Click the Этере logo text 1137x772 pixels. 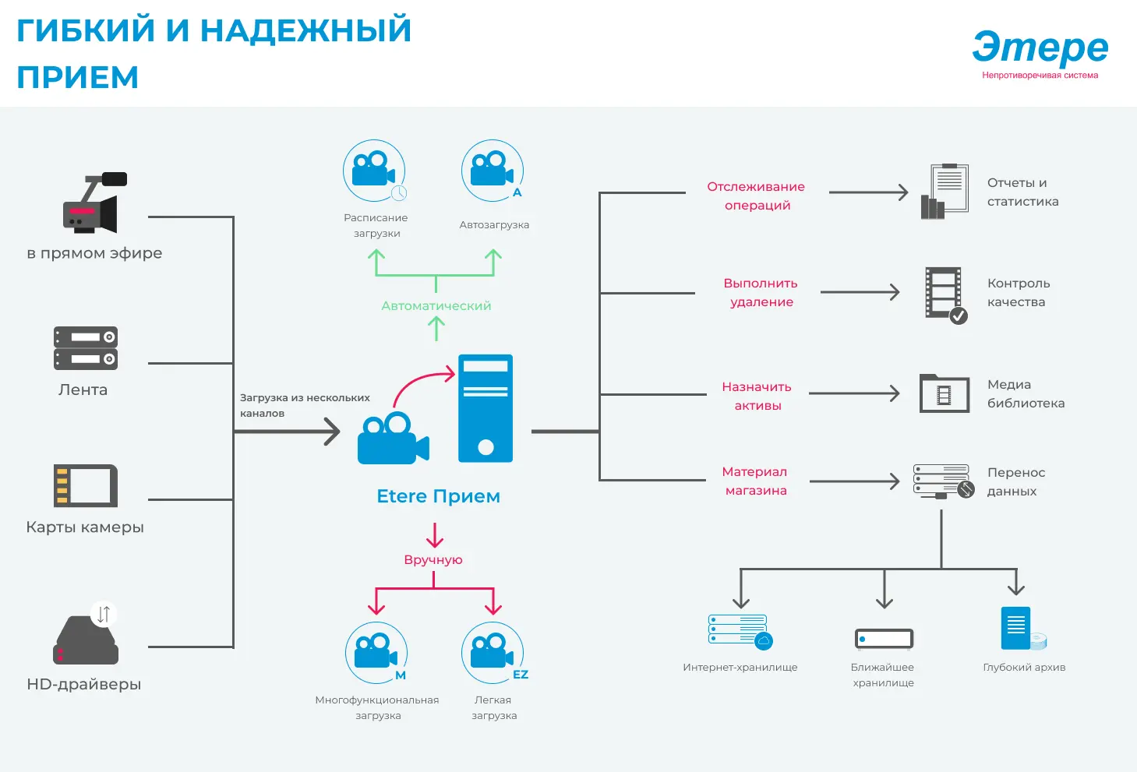pos(1040,47)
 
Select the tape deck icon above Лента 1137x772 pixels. pos(86,348)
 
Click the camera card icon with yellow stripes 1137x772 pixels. pos(86,486)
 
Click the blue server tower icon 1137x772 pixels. pos(486,408)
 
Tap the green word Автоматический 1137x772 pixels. pos(436,305)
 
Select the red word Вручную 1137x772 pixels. pos(433,560)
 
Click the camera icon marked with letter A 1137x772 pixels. pos(493,171)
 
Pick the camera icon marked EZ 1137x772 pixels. pos(493,653)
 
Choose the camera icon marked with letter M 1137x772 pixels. pos(376,653)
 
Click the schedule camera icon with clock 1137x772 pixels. pos(375,171)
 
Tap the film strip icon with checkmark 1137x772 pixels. pos(946,295)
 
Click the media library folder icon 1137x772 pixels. pos(945,393)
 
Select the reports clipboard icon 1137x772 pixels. pos(945,192)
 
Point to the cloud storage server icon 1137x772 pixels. pos(740,632)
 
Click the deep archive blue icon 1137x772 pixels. pos(1023,629)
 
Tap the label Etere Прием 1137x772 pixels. pos(439,496)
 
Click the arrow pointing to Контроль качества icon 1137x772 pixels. pos(860,292)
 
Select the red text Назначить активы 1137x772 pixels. pos(757,396)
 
